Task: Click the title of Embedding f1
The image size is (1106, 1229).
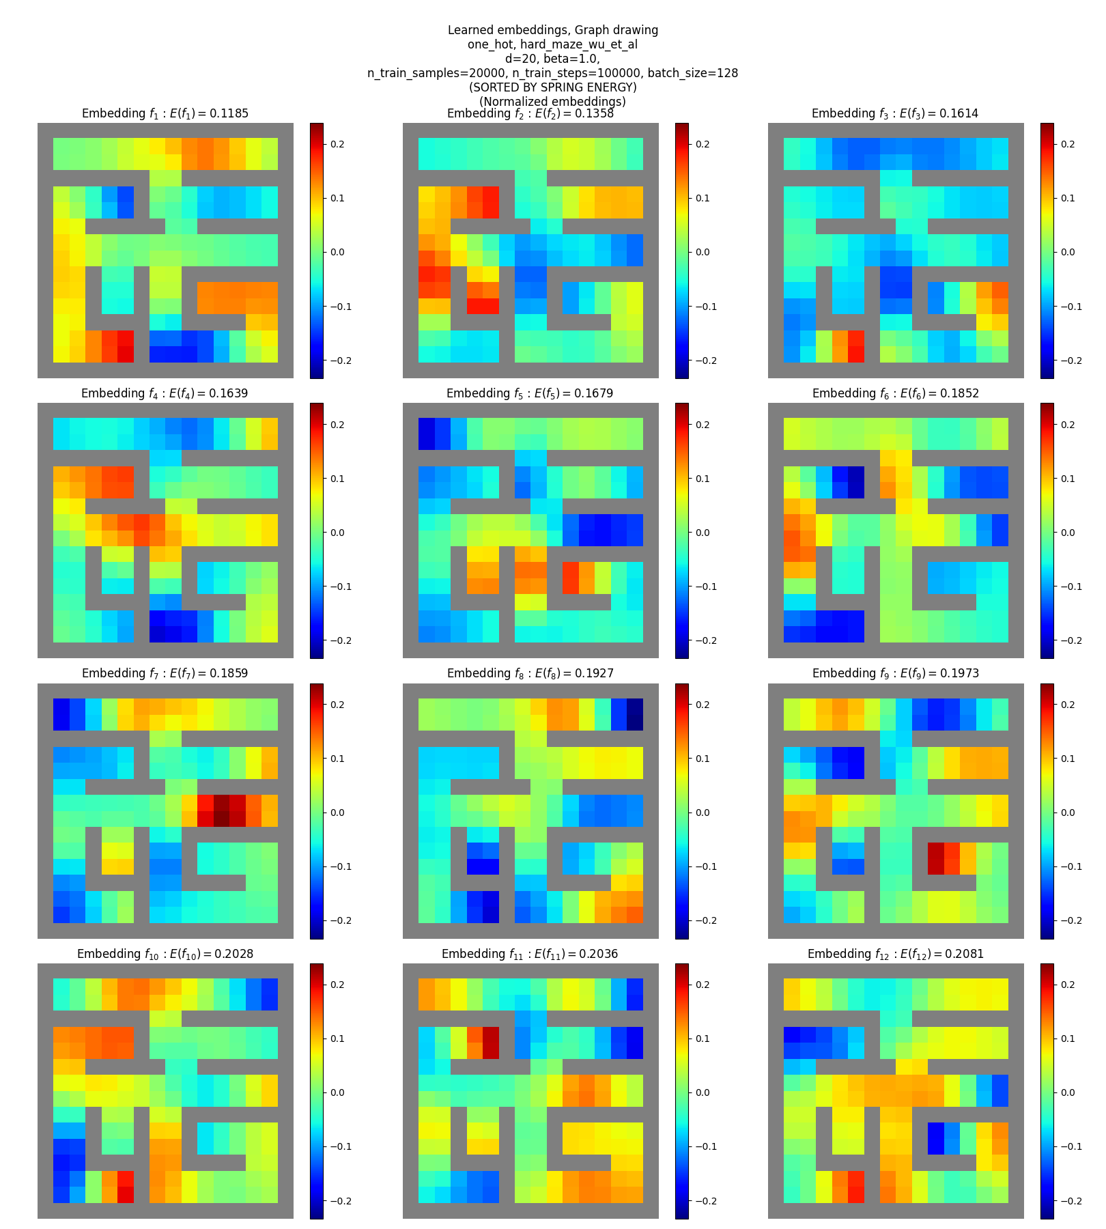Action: click(x=165, y=113)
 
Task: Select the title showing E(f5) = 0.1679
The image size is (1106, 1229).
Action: click(x=530, y=393)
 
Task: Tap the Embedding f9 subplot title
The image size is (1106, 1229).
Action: click(x=895, y=673)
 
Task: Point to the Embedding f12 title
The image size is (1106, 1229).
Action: click(x=895, y=954)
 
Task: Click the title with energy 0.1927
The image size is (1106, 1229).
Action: click(x=530, y=673)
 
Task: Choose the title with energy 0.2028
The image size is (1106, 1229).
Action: click(x=165, y=954)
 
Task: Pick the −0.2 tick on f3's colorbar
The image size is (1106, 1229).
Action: click(x=1071, y=361)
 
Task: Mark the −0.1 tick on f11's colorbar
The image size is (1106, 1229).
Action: click(x=706, y=1146)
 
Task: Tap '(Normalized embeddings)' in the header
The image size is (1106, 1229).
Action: click(x=552, y=102)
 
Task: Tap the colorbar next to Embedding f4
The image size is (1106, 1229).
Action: click(x=317, y=531)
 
